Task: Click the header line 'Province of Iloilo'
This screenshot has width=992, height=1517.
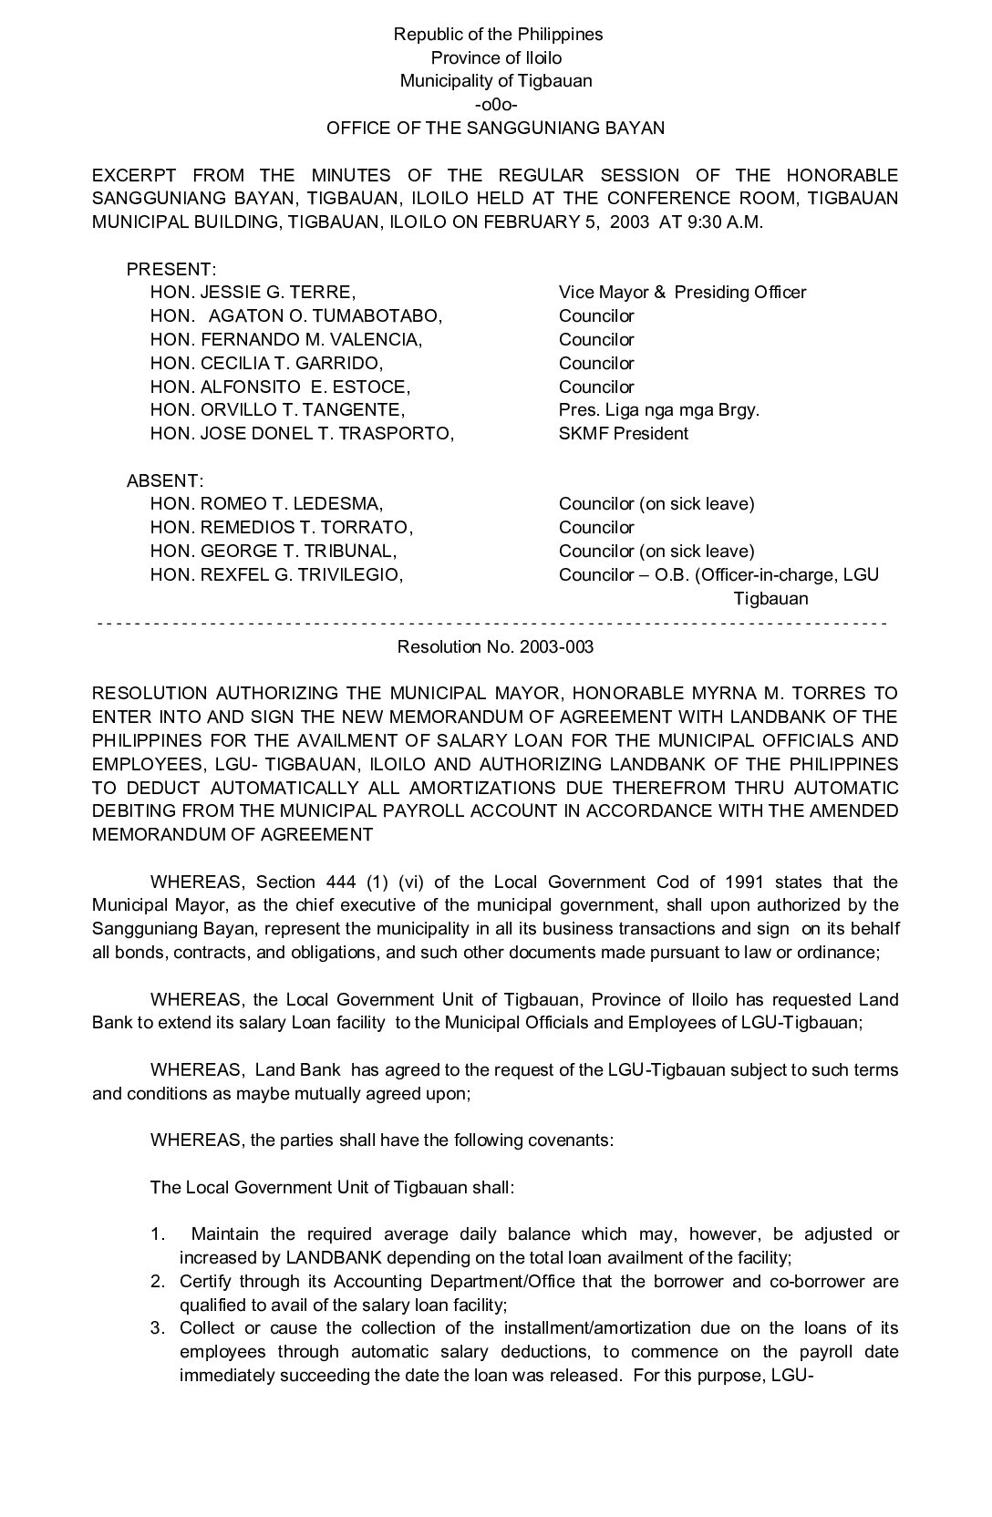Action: pyautogui.click(x=497, y=57)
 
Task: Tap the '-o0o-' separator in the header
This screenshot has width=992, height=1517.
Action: pyautogui.click(x=497, y=104)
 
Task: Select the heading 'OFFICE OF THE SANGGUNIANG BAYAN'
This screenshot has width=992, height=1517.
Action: pyautogui.click(x=496, y=128)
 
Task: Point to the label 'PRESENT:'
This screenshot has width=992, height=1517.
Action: pyautogui.click(x=171, y=269)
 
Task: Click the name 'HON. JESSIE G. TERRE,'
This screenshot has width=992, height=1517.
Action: pyautogui.click(x=253, y=293)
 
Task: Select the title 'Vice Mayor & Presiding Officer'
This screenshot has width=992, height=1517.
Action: pyautogui.click(x=682, y=293)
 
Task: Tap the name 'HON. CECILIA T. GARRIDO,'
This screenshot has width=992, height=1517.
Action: pyautogui.click(x=266, y=363)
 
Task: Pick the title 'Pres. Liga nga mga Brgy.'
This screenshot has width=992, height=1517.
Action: pyautogui.click(x=659, y=410)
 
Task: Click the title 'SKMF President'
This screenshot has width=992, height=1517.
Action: pyautogui.click(x=624, y=433)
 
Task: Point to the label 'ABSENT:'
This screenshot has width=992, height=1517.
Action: pyautogui.click(x=165, y=480)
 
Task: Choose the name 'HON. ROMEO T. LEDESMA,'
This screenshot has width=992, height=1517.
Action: pyautogui.click(x=266, y=504)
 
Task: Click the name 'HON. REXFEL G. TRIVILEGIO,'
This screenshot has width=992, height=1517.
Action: pyautogui.click(x=277, y=574)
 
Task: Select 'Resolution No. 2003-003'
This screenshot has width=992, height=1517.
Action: pyautogui.click(x=495, y=646)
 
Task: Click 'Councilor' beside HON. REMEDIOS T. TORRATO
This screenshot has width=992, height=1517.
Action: pyautogui.click(x=596, y=528)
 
